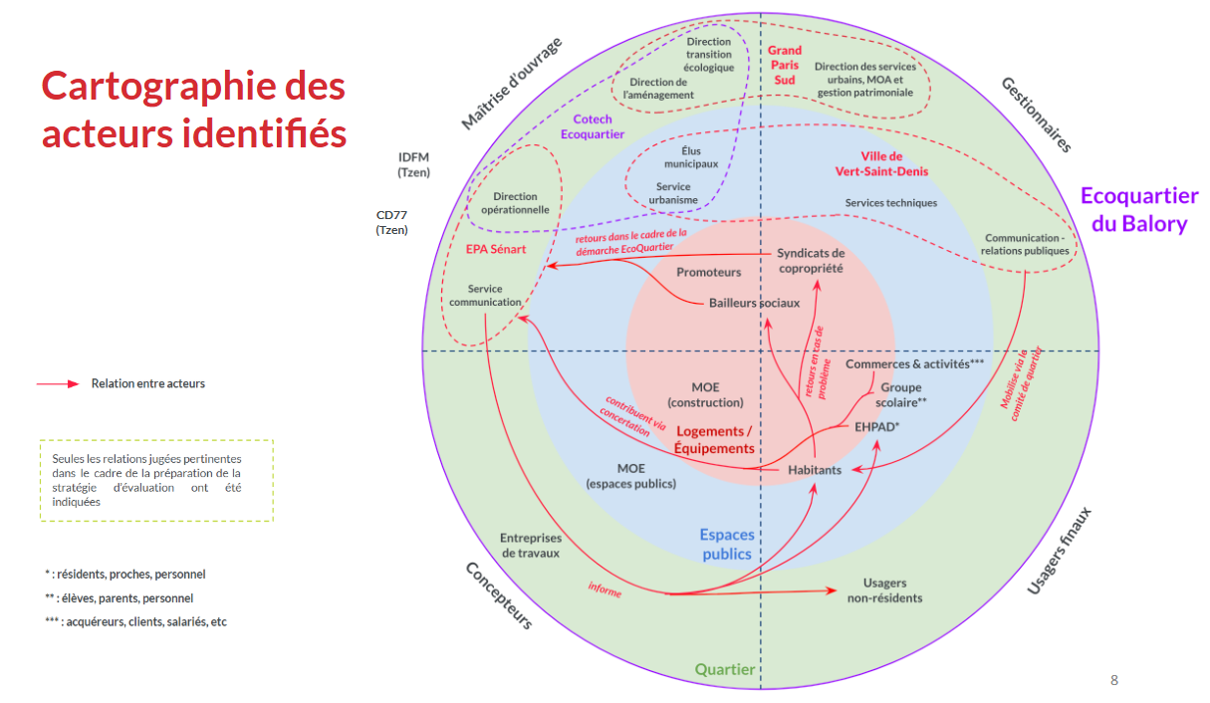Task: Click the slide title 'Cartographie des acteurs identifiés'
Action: click(193, 109)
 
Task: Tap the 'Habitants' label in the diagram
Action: click(815, 470)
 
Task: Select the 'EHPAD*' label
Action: click(877, 425)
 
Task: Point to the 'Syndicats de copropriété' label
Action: click(811, 261)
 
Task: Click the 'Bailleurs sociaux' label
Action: click(754, 303)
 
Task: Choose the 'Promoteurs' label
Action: click(709, 272)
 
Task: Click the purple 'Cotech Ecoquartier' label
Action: click(593, 126)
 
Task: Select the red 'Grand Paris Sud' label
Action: click(785, 65)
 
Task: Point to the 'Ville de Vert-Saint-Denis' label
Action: click(881, 163)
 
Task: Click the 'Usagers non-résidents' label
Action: click(884, 590)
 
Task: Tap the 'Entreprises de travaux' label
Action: click(530, 545)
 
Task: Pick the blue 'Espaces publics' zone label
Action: click(727, 544)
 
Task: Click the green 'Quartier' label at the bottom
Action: click(725, 670)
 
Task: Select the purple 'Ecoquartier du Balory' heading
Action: click(1139, 209)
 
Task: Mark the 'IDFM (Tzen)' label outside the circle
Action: click(413, 164)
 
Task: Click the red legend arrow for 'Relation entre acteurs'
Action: click(57, 383)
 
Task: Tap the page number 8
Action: click(1113, 680)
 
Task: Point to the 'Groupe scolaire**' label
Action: click(900, 394)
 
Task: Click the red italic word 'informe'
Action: click(605, 589)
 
